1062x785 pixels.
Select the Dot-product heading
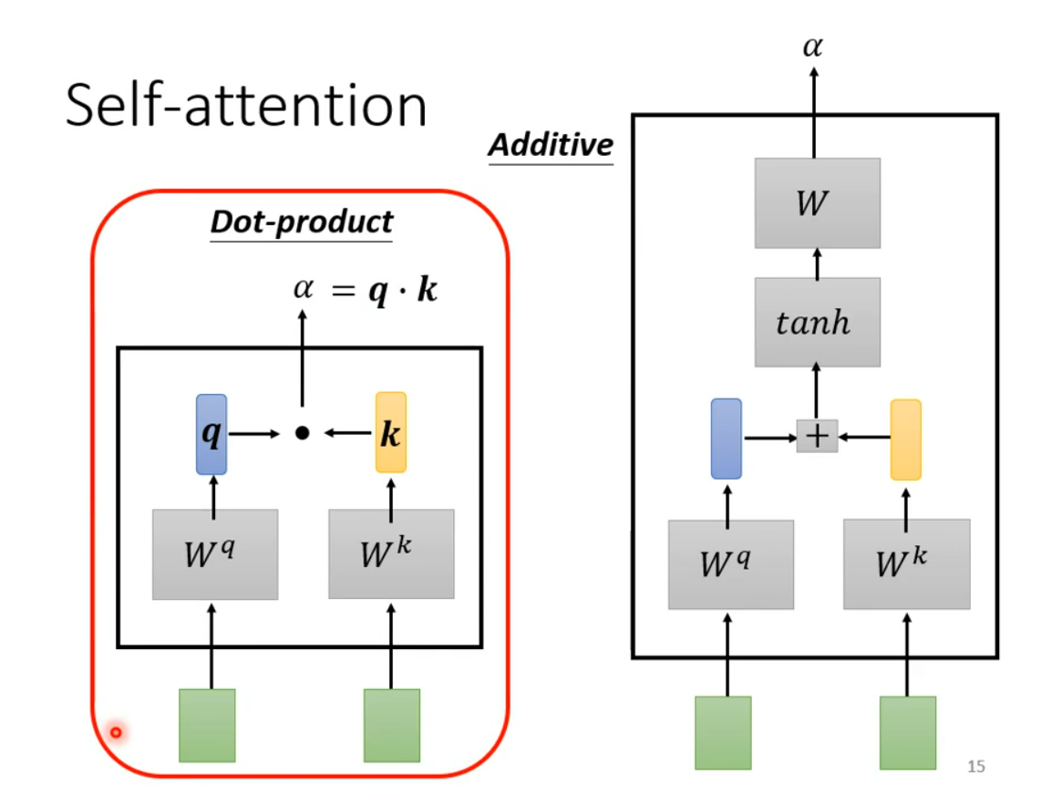[302, 222]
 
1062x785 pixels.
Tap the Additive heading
[551, 145]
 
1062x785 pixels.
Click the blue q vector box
[211, 434]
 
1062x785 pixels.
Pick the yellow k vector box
[391, 432]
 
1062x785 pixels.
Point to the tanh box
[818, 323]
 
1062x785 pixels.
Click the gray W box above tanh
[818, 203]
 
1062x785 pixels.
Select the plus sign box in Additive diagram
[817, 436]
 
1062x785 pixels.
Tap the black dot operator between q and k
[302, 433]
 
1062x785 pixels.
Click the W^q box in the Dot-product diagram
[215, 554]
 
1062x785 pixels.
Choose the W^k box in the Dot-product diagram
[391, 554]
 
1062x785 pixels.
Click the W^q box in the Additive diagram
[731, 564]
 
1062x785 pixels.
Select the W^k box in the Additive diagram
[906, 564]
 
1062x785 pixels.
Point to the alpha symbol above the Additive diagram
[813, 46]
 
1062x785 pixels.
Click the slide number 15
[976, 766]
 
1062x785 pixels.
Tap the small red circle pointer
[116, 732]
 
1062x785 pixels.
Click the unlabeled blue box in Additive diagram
[726, 439]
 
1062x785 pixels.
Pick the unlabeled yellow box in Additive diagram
[905, 439]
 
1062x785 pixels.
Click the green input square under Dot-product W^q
[207, 726]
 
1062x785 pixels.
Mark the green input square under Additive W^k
[908, 733]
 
